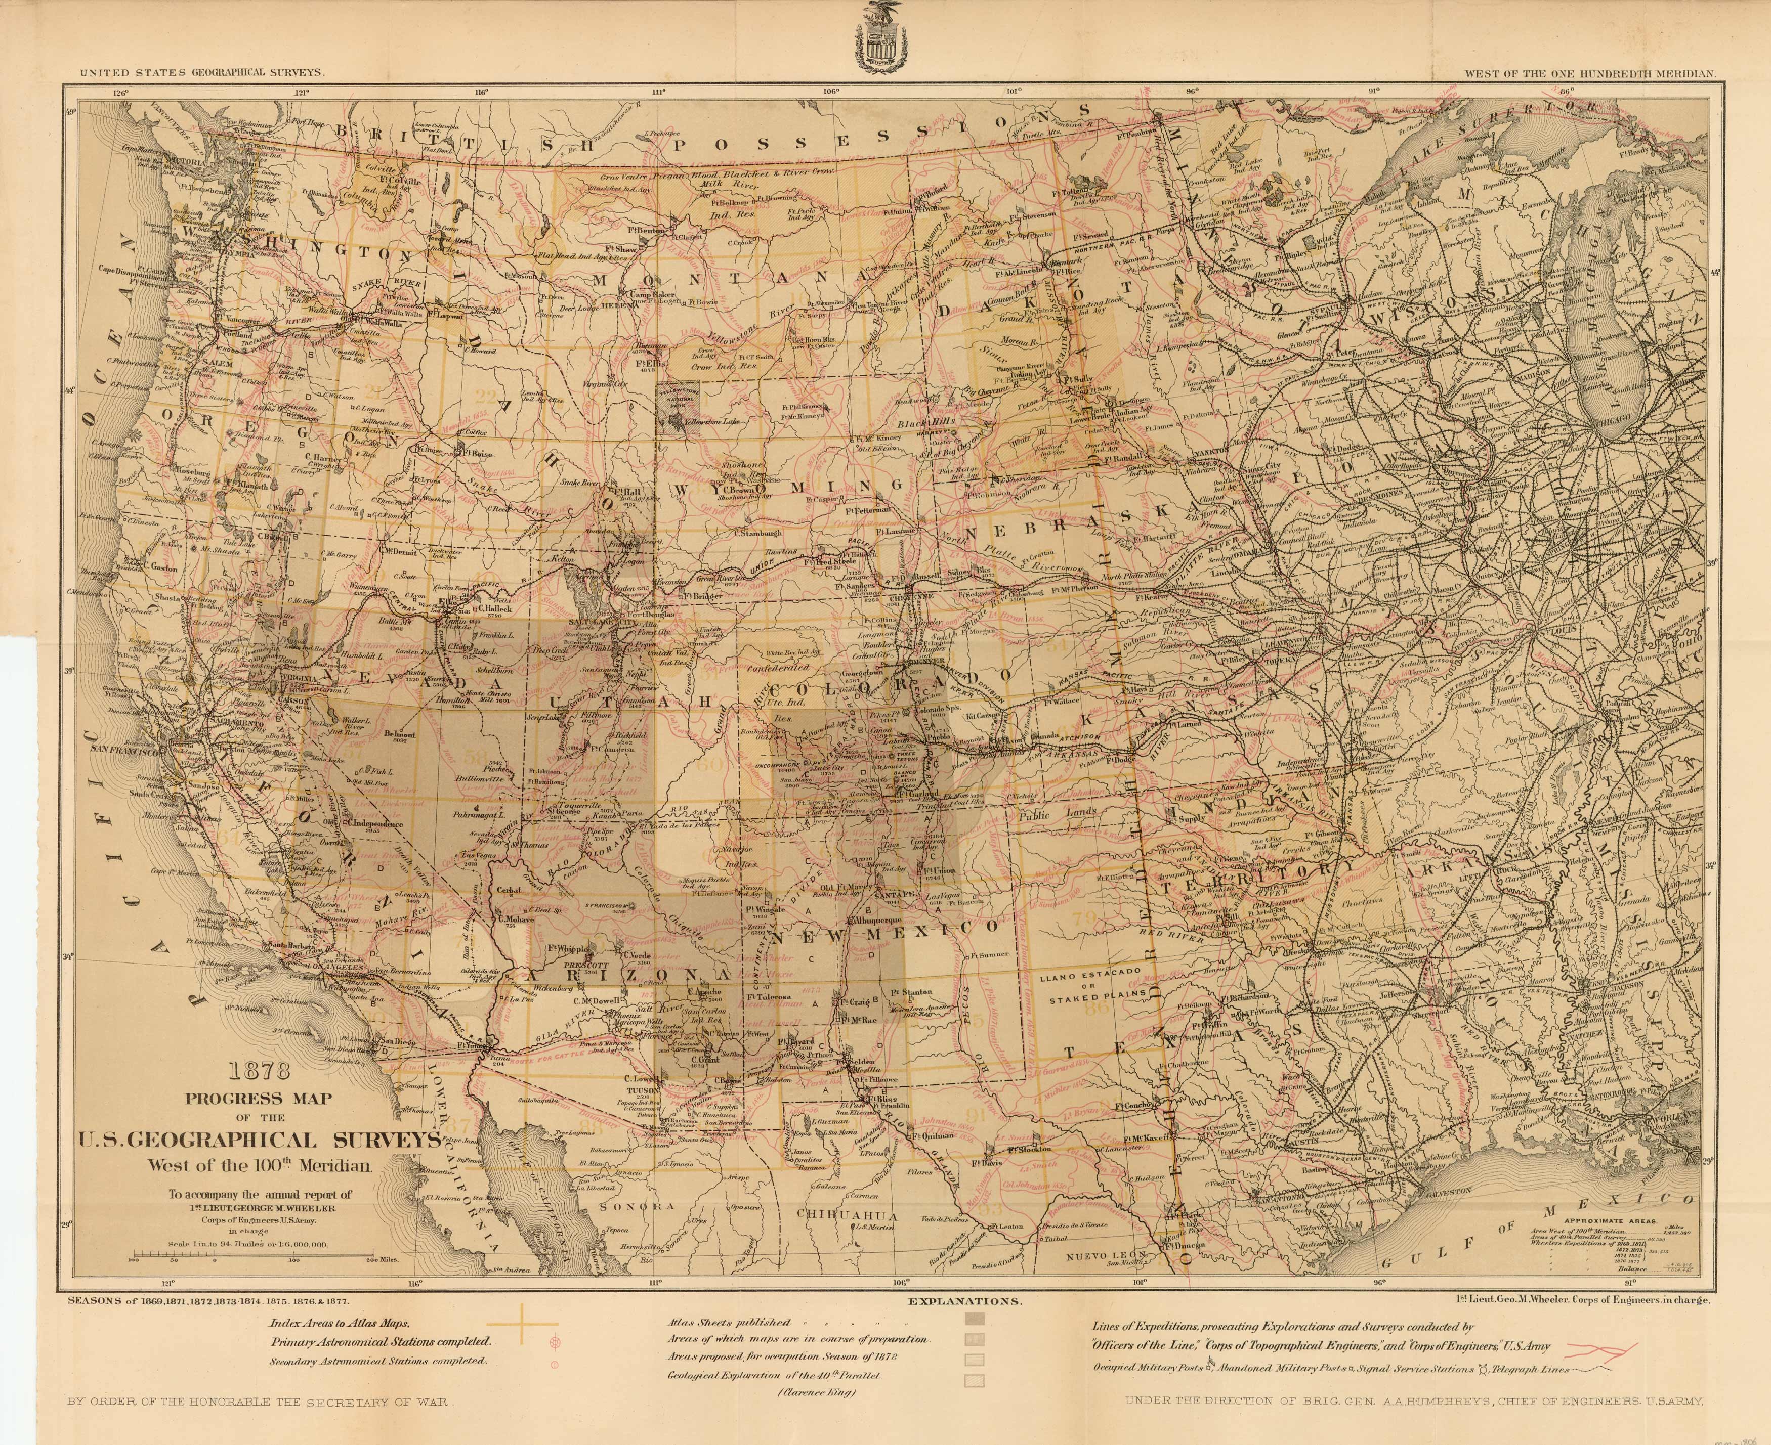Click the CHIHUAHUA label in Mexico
846,1215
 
